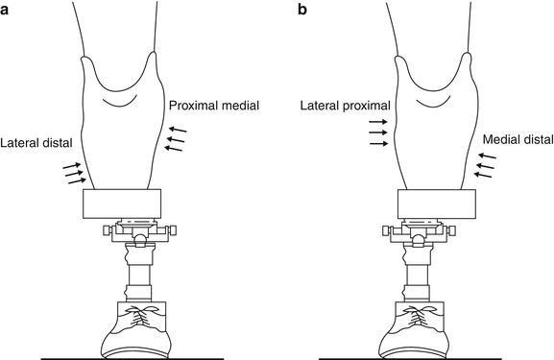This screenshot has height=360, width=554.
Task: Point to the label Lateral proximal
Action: coord(342,103)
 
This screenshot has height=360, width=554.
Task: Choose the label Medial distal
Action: coord(518,139)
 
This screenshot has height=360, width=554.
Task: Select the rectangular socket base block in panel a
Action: coord(123,204)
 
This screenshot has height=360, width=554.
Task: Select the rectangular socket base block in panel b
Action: coord(437,204)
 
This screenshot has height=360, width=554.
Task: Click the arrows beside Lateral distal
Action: coord(73,172)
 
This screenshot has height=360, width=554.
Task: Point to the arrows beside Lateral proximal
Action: coord(377,133)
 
